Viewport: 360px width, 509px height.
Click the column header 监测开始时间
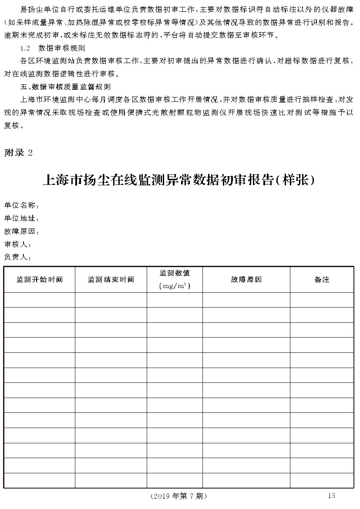[40, 280]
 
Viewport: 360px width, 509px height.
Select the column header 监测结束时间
[111, 280]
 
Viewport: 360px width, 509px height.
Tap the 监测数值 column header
[175, 273]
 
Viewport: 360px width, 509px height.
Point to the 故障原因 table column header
[246, 280]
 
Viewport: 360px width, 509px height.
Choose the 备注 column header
[322, 280]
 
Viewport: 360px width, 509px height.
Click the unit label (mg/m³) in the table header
[175, 286]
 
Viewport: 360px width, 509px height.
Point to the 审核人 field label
[17, 244]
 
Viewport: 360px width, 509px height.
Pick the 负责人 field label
[17, 257]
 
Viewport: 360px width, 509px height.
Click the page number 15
[332, 496]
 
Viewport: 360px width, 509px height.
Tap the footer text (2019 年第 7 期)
[178, 496]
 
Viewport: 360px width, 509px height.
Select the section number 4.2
[25, 47]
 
